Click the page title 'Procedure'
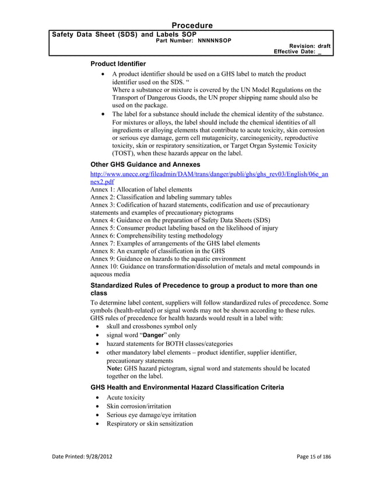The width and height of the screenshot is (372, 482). pos(192,25)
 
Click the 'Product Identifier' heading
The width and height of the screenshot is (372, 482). pos(118,63)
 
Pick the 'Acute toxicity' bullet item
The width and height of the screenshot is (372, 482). pos(125,397)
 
